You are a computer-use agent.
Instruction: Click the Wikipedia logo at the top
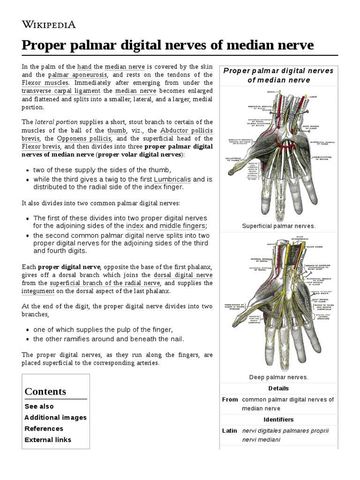click(x=49, y=24)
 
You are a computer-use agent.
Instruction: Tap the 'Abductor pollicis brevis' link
click(x=187, y=130)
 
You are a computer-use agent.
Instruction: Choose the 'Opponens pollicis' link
click(x=84, y=139)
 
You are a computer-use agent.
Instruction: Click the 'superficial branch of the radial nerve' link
click(x=105, y=283)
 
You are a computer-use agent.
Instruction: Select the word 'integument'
click(x=38, y=292)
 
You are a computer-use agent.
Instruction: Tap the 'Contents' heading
click(x=45, y=391)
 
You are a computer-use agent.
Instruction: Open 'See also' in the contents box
click(x=39, y=406)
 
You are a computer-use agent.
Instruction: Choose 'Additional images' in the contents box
click(x=55, y=418)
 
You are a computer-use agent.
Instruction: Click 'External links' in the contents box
click(x=48, y=440)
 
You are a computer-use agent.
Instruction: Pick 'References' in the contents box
click(x=44, y=428)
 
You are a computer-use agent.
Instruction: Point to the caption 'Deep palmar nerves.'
click(x=278, y=377)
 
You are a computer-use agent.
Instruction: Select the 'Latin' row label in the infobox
click(x=230, y=430)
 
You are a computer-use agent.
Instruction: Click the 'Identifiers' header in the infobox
click(x=278, y=420)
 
